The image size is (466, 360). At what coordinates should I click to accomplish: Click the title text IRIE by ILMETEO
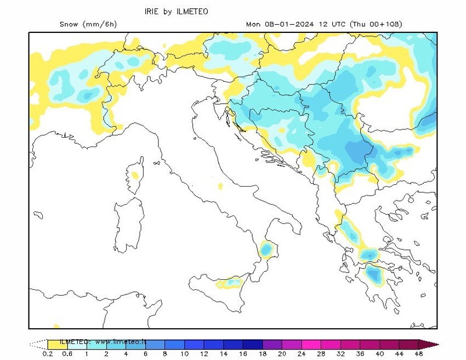[x=176, y=11]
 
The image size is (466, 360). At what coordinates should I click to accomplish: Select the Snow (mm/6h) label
[x=88, y=24]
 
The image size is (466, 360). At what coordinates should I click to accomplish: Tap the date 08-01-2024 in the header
[x=289, y=24]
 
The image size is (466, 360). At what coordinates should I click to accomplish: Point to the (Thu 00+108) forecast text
[x=377, y=24]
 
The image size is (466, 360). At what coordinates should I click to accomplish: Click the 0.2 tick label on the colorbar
[x=48, y=354]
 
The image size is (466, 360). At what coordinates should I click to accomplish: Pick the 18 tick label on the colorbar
[x=263, y=354]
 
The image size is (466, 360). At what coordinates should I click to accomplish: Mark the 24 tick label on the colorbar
[x=302, y=354]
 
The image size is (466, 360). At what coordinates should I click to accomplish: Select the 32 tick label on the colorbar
[x=341, y=354]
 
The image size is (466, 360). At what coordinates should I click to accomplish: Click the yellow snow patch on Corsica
[x=134, y=176]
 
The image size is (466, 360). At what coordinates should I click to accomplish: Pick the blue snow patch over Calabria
[x=266, y=249]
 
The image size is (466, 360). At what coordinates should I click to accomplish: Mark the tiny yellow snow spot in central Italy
[x=220, y=187]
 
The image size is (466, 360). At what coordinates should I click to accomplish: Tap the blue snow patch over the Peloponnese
[x=375, y=274]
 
